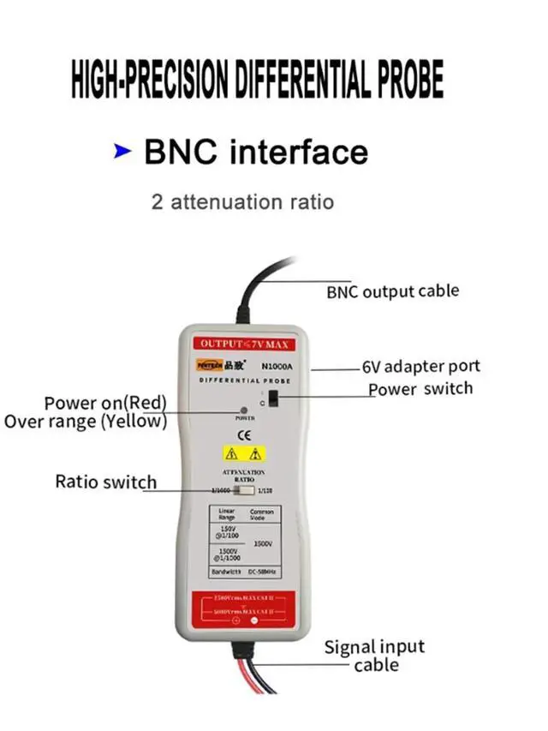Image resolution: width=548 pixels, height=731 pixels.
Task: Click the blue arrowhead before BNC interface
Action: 122,153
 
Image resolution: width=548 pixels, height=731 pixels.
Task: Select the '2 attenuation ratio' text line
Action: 242,202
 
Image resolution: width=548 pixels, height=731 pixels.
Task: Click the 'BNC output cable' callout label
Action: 392,291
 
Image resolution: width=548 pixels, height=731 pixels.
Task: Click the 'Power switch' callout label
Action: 420,389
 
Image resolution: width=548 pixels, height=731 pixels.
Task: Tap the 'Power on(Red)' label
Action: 105,403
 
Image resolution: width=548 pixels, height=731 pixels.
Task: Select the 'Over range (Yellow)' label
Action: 86,421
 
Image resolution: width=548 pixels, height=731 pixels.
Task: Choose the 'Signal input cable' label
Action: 374,656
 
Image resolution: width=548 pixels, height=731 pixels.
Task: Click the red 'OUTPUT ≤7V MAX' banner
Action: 244,344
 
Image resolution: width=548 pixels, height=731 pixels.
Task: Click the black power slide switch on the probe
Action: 272,398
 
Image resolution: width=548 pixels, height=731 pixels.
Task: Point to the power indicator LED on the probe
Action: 245,410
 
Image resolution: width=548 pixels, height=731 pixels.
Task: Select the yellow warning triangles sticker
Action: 244,453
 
